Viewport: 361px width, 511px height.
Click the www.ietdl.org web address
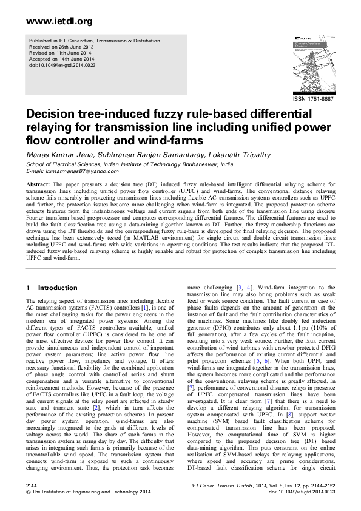click(x=51, y=22)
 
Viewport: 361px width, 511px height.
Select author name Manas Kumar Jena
click(x=53, y=155)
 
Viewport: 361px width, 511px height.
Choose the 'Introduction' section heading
click(x=58, y=288)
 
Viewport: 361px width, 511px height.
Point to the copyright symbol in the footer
click(x=29, y=493)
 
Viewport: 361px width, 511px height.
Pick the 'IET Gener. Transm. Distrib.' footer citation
click(x=220, y=487)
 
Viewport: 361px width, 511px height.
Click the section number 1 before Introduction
click(x=28, y=288)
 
